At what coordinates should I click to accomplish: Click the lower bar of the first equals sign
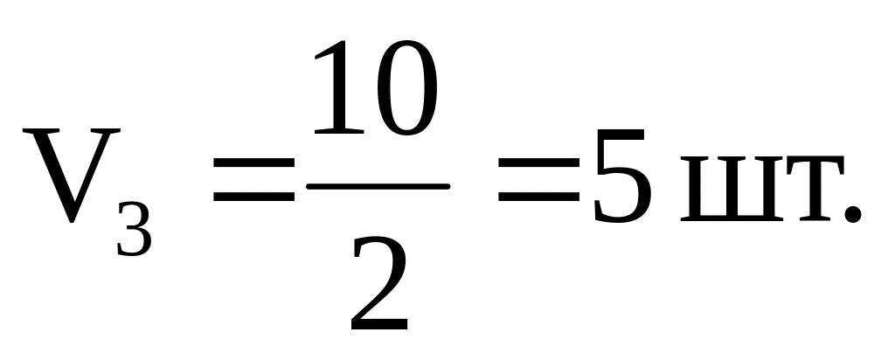click(254, 200)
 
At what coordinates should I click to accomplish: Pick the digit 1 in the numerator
click(335, 90)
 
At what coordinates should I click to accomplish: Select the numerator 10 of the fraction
click(371, 90)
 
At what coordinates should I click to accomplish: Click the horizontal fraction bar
click(378, 186)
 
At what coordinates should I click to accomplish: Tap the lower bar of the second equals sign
click(538, 200)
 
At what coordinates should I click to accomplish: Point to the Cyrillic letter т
click(801, 190)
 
